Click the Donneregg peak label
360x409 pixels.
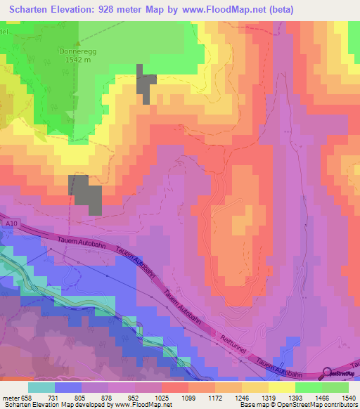coord(79,51)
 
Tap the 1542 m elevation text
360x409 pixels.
coord(79,60)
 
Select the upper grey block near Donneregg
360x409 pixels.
coord(146,84)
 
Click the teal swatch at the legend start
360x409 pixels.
coord(41,387)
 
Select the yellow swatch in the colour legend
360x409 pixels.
coord(282,387)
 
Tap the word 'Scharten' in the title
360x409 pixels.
coord(32,9)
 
